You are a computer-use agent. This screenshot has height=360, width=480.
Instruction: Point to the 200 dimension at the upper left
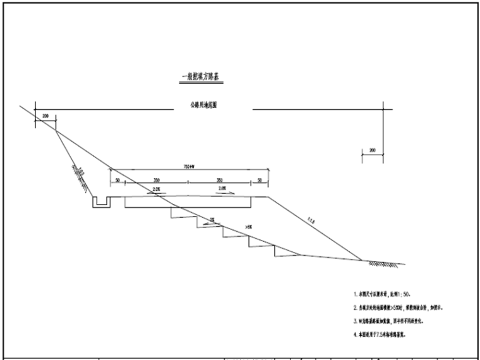point(45,116)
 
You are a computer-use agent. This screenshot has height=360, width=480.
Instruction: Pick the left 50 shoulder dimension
point(117,181)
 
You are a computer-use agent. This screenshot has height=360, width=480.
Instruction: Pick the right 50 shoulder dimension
point(260,181)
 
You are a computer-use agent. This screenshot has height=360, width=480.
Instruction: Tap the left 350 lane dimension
point(156,181)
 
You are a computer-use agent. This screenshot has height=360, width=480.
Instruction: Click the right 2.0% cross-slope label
point(222,189)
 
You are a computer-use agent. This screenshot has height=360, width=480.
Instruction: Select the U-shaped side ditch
point(101,202)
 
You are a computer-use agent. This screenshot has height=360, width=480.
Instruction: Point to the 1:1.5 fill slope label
point(309,222)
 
